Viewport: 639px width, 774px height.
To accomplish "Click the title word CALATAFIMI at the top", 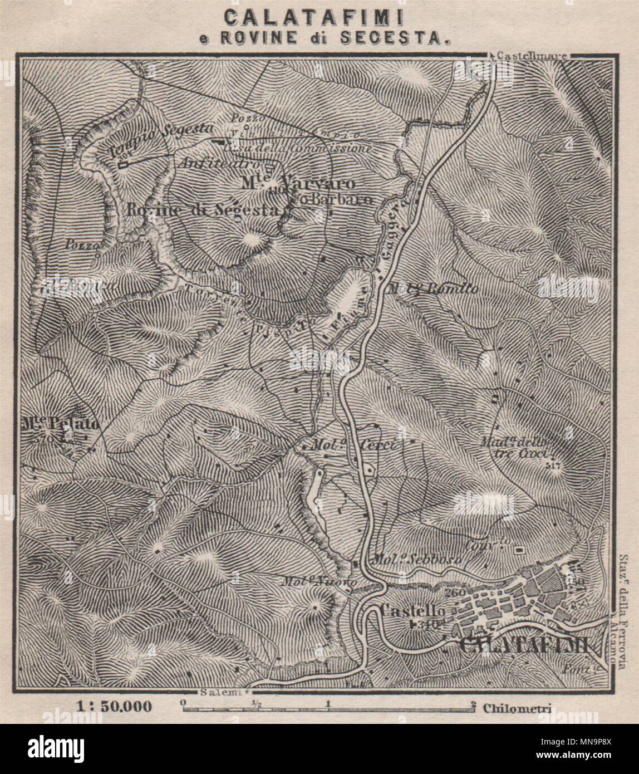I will click(x=319, y=17).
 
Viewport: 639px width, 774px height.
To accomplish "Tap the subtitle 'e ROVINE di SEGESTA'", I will click(x=319, y=38).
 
